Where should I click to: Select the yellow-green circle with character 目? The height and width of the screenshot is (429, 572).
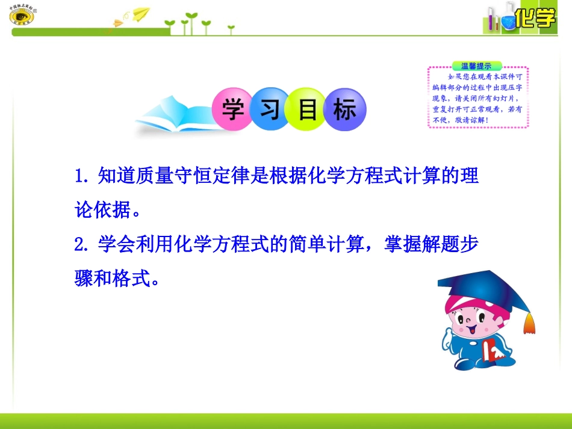tap(307, 110)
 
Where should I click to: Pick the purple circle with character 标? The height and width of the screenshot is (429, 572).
tap(344, 110)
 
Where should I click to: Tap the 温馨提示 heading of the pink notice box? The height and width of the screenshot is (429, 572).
tap(476, 66)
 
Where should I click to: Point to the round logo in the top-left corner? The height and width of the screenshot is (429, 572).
tap(22, 16)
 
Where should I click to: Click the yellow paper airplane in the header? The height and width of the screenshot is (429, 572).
tap(140, 13)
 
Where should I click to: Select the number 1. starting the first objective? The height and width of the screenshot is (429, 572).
tap(81, 176)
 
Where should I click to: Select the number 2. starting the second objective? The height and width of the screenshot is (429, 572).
tap(81, 245)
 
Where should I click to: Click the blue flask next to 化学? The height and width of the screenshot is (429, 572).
tap(508, 20)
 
